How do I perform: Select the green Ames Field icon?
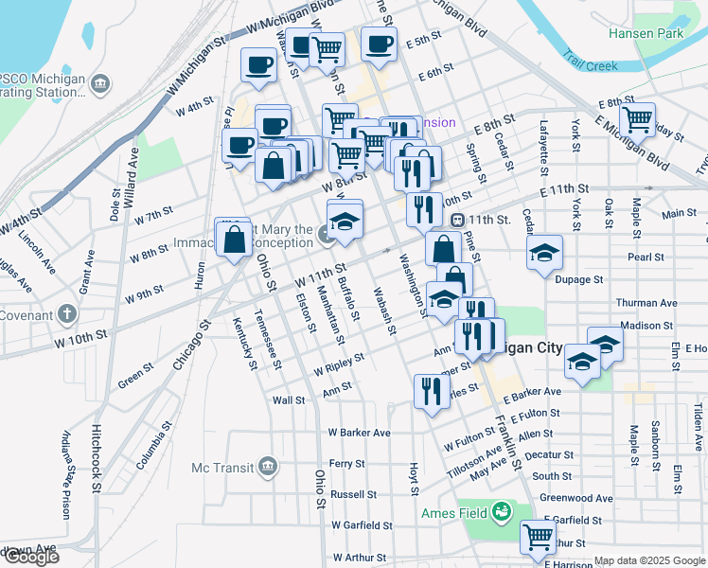pos(501,512)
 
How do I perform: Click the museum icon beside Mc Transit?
pos(268,467)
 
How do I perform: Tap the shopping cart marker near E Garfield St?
pos(539,537)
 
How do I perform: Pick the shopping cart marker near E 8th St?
pos(637,119)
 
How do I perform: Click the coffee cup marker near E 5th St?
pos(379,44)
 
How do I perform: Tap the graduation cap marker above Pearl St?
pos(545,253)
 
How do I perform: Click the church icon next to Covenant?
pos(66,312)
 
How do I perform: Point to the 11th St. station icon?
pos(456,220)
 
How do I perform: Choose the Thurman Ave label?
pos(646,303)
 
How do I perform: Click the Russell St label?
pos(353,494)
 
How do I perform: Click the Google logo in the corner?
pos(30,557)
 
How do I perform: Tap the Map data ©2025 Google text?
pos(649,561)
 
